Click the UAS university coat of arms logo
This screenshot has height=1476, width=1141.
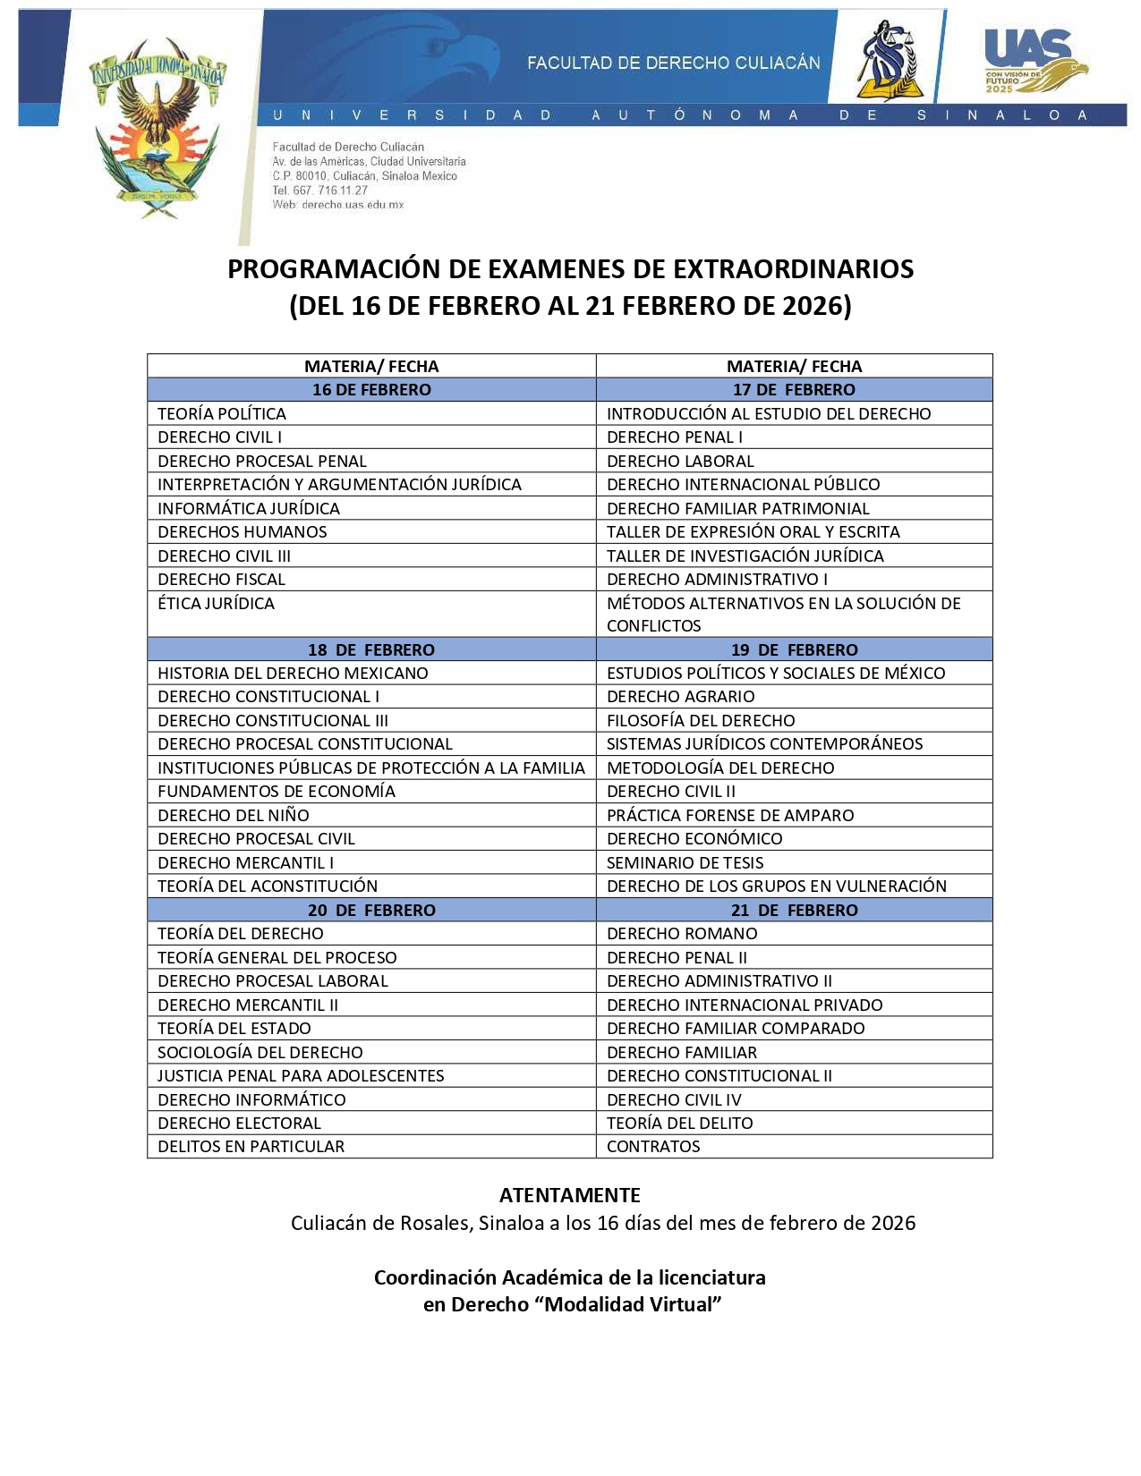[x=158, y=125]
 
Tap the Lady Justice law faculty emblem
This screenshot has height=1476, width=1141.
[x=886, y=61]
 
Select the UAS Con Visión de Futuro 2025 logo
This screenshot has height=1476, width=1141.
[x=1035, y=61]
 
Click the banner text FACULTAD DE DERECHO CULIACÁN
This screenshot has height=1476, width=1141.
[x=673, y=63]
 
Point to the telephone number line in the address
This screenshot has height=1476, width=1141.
[x=320, y=191]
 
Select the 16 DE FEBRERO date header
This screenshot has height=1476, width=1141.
[x=371, y=390]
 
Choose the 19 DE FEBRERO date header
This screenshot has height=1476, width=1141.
[x=794, y=650]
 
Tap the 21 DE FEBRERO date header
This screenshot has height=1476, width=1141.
[x=794, y=911]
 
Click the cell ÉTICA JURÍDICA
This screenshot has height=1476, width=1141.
[x=217, y=604]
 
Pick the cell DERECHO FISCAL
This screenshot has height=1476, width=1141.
[x=222, y=580]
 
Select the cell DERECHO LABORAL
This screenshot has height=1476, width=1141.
[x=680, y=462]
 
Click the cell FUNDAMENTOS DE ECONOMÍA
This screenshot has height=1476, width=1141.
[x=277, y=792]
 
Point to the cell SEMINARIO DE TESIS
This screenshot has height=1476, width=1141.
[x=685, y=863]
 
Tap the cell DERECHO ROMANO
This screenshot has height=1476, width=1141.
[x=682, y=934]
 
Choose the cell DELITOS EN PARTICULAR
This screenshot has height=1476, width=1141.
[x=251, y=1147]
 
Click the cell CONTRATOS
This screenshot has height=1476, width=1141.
[x=653, y=1147]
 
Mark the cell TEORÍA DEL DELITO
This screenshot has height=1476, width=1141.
[x=680, y=1124]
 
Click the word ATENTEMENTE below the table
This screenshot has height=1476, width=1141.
[x=570, y=1196]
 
